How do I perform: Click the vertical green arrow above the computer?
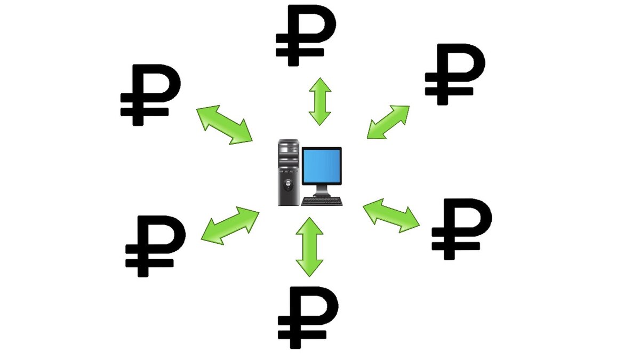[x=320, y=101]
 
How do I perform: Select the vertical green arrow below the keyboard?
[x=309, y=247]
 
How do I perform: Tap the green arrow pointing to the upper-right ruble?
[x=388, y=122]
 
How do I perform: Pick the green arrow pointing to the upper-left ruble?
[x=224, y=125]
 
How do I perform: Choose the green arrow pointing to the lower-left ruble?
[x=230, y=225]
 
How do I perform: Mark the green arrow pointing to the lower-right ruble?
[x=391, y=215]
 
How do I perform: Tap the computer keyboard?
[x=322, y=202]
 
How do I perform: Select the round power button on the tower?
[x=288, y=187]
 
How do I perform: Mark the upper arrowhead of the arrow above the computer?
[x=320, y=84]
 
